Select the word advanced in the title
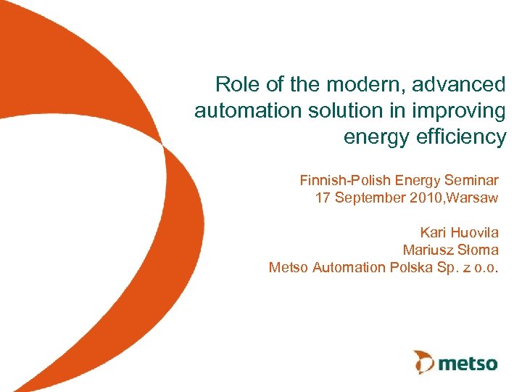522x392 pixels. coord(459,85)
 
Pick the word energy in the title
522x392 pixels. coord(373,137)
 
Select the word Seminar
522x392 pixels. coord(471,179)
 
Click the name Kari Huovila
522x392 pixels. coord(459,232)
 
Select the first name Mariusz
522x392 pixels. coord(428,250)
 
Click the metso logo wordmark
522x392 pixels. coord(468,362)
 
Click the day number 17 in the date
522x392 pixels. coord(323,197)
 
